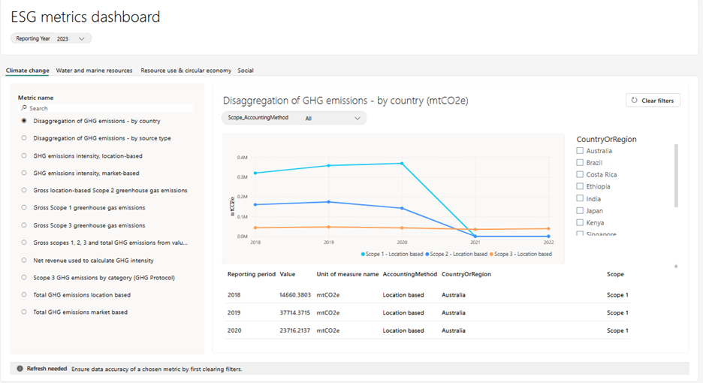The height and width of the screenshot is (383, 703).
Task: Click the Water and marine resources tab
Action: pyautogui.click(x=94, y=71)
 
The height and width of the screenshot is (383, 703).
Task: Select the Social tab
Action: pyautogui.click(x=246, y=71)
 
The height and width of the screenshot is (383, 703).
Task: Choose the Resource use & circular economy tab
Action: pyautogui.click(x=186, y=71)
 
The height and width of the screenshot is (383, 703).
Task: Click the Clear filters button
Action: pyautogui.click(x=653, y=100)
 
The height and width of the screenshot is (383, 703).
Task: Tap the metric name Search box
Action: pyautogui.click(x=105, y=108)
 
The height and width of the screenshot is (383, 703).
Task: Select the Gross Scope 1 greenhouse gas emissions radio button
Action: pyautogui.click(x=25, y=208)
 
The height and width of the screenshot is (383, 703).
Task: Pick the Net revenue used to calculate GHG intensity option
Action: pyautogui.click(x=25, y=260)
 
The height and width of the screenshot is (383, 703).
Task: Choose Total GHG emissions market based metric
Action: pyautogui.click(x=25, y=312)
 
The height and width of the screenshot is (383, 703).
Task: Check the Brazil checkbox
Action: pyautogui.click(x=580, y=163)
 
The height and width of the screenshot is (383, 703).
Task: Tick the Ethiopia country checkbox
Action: pyautogui.click(x=580, y=187)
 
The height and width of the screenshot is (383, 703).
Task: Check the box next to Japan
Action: pyautogui.click(x=580, y=211)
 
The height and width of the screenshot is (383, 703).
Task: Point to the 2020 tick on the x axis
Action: pyautogui.click(x=403, y=243)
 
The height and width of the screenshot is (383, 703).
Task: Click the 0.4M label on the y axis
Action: pyautogui.click(x=242, y=158)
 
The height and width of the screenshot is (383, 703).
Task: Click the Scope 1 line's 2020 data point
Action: pyautogui.click(x=403, y=164)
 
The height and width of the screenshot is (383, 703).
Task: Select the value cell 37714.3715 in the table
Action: pyautogui.click(x=294, y=312)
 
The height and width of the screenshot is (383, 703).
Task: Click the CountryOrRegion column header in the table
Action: pyautogui.click(x=466, y=274)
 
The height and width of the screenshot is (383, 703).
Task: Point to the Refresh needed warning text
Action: pyautogui.click(x=47, y=369)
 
